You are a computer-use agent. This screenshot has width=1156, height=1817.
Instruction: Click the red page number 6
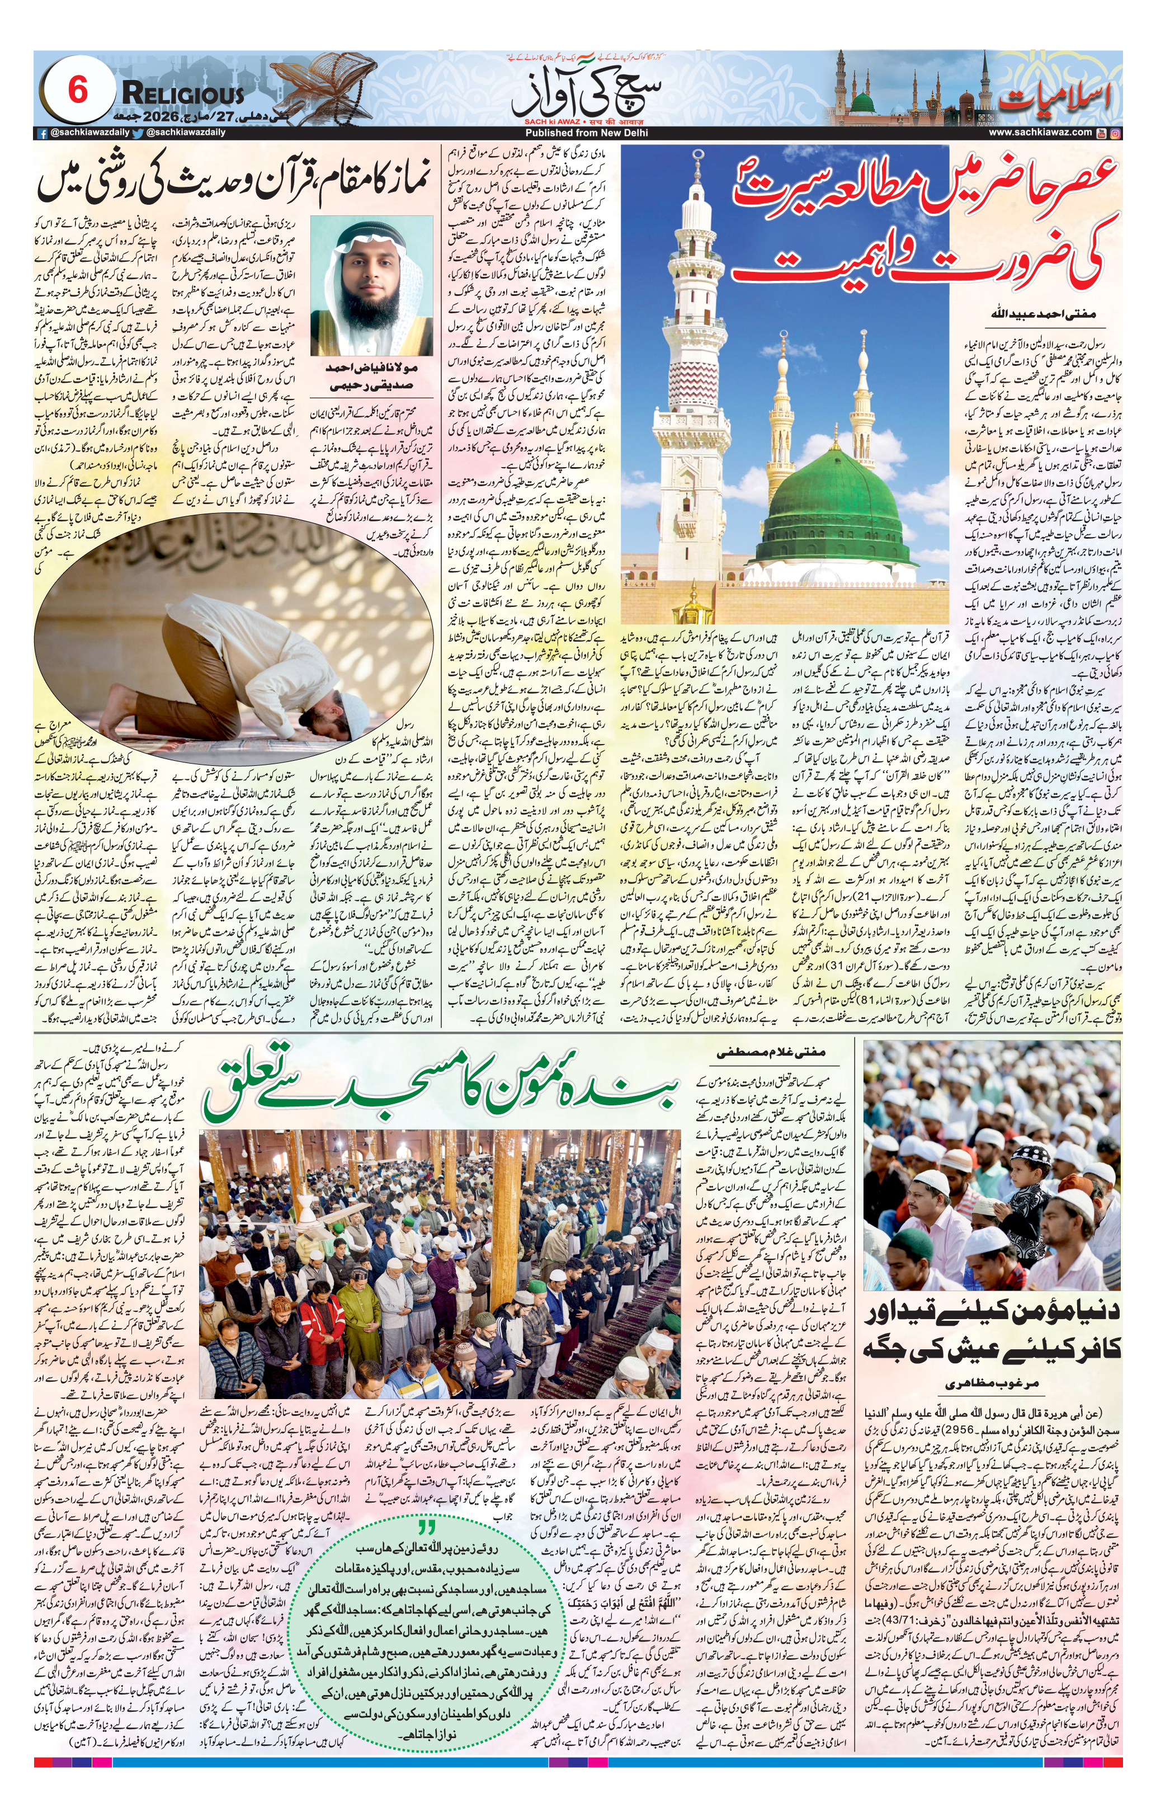(x=78, y=91)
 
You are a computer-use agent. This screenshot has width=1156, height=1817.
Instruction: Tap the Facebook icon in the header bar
(x=44, y=133)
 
